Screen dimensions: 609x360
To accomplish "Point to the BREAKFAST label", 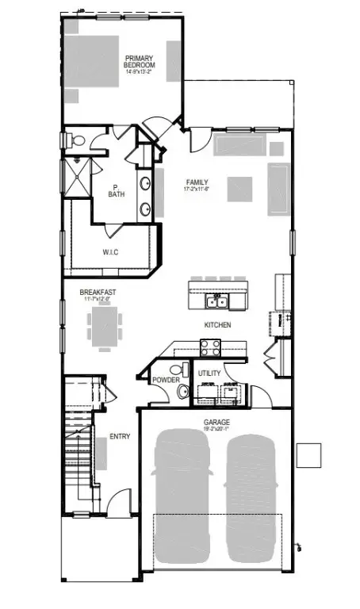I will coord(100,293).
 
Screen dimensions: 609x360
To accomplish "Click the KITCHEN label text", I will coord(217,325).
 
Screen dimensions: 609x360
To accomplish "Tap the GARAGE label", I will coord(216,423).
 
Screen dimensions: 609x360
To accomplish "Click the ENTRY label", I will coord(120,436).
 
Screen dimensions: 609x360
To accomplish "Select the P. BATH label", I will coord(117,190).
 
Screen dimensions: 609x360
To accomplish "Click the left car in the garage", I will coord(182,496).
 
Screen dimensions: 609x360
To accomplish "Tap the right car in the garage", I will coord(252,496).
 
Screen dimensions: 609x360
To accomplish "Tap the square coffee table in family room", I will coord(240,190).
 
